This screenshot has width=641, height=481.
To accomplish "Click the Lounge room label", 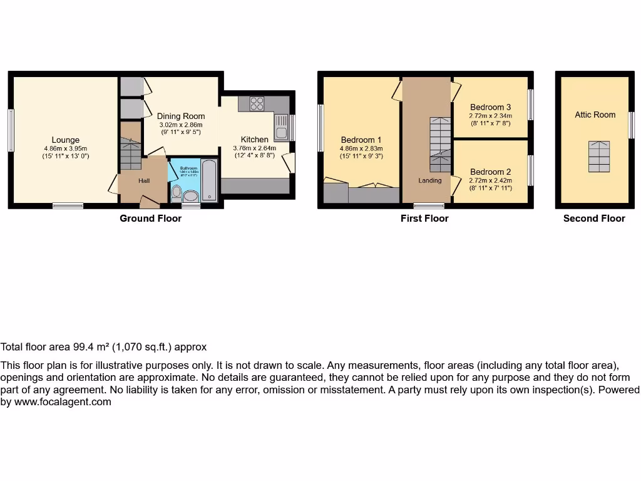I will [x=66, y=140].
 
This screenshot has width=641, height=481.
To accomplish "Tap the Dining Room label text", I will [x=181, y=116].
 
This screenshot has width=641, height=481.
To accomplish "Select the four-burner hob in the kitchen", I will [x=257, y=103].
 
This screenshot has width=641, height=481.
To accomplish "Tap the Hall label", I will [x=144, y=181].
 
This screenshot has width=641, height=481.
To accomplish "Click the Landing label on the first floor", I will [x=430, y=180].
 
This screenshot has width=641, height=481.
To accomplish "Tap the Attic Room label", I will [x=595, y=115].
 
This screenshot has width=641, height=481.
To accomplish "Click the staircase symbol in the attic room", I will [x=598, y=156].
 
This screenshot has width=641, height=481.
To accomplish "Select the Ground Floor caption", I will [x=151, y=219].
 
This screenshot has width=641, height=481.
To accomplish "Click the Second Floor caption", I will [x=594, y=219].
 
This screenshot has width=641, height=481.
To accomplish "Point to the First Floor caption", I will [x=424, y=219].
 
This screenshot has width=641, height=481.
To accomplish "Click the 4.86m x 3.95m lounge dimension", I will [x=66, y=148].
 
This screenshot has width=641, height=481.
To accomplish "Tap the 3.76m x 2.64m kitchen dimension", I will [x=254, y=148].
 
